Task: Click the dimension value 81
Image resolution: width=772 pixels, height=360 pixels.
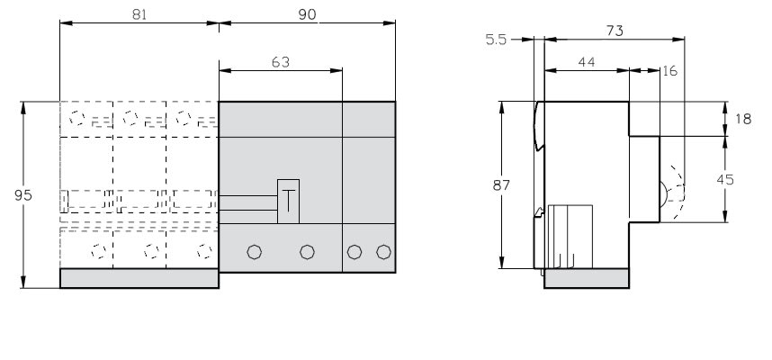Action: [139, 14]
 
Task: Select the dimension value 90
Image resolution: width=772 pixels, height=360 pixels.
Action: [307, 14]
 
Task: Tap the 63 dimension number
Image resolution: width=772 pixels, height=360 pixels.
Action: [281, 62]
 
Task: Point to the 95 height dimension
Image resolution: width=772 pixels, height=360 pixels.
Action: [23, 195]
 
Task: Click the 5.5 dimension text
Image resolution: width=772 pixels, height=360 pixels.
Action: [496, 40]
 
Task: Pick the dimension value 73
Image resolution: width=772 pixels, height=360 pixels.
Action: [615, 31]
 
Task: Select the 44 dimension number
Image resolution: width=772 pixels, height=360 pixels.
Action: [587, 62]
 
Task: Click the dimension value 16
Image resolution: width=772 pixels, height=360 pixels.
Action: [670, 71]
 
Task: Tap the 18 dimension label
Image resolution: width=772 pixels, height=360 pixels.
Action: [743, 119]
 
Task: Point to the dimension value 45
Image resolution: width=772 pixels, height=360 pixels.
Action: [724, 180]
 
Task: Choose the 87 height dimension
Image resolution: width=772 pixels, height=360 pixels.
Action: [501, 185]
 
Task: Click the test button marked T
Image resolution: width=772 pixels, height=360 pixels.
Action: [289, 202]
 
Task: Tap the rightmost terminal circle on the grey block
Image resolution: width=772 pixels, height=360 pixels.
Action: [383, 252]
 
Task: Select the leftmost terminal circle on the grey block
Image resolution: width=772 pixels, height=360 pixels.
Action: [254, 252]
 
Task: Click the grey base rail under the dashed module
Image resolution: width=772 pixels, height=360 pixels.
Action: [139, 278]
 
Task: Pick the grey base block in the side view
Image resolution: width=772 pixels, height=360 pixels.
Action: [587, 278]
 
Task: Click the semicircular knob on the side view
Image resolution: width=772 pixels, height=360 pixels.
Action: [663, 193]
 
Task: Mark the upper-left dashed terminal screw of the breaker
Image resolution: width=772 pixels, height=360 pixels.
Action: [76, 118]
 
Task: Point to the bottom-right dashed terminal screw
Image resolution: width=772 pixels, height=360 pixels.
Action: [204, 251]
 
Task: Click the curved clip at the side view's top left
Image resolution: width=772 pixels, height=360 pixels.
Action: [540, 126]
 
